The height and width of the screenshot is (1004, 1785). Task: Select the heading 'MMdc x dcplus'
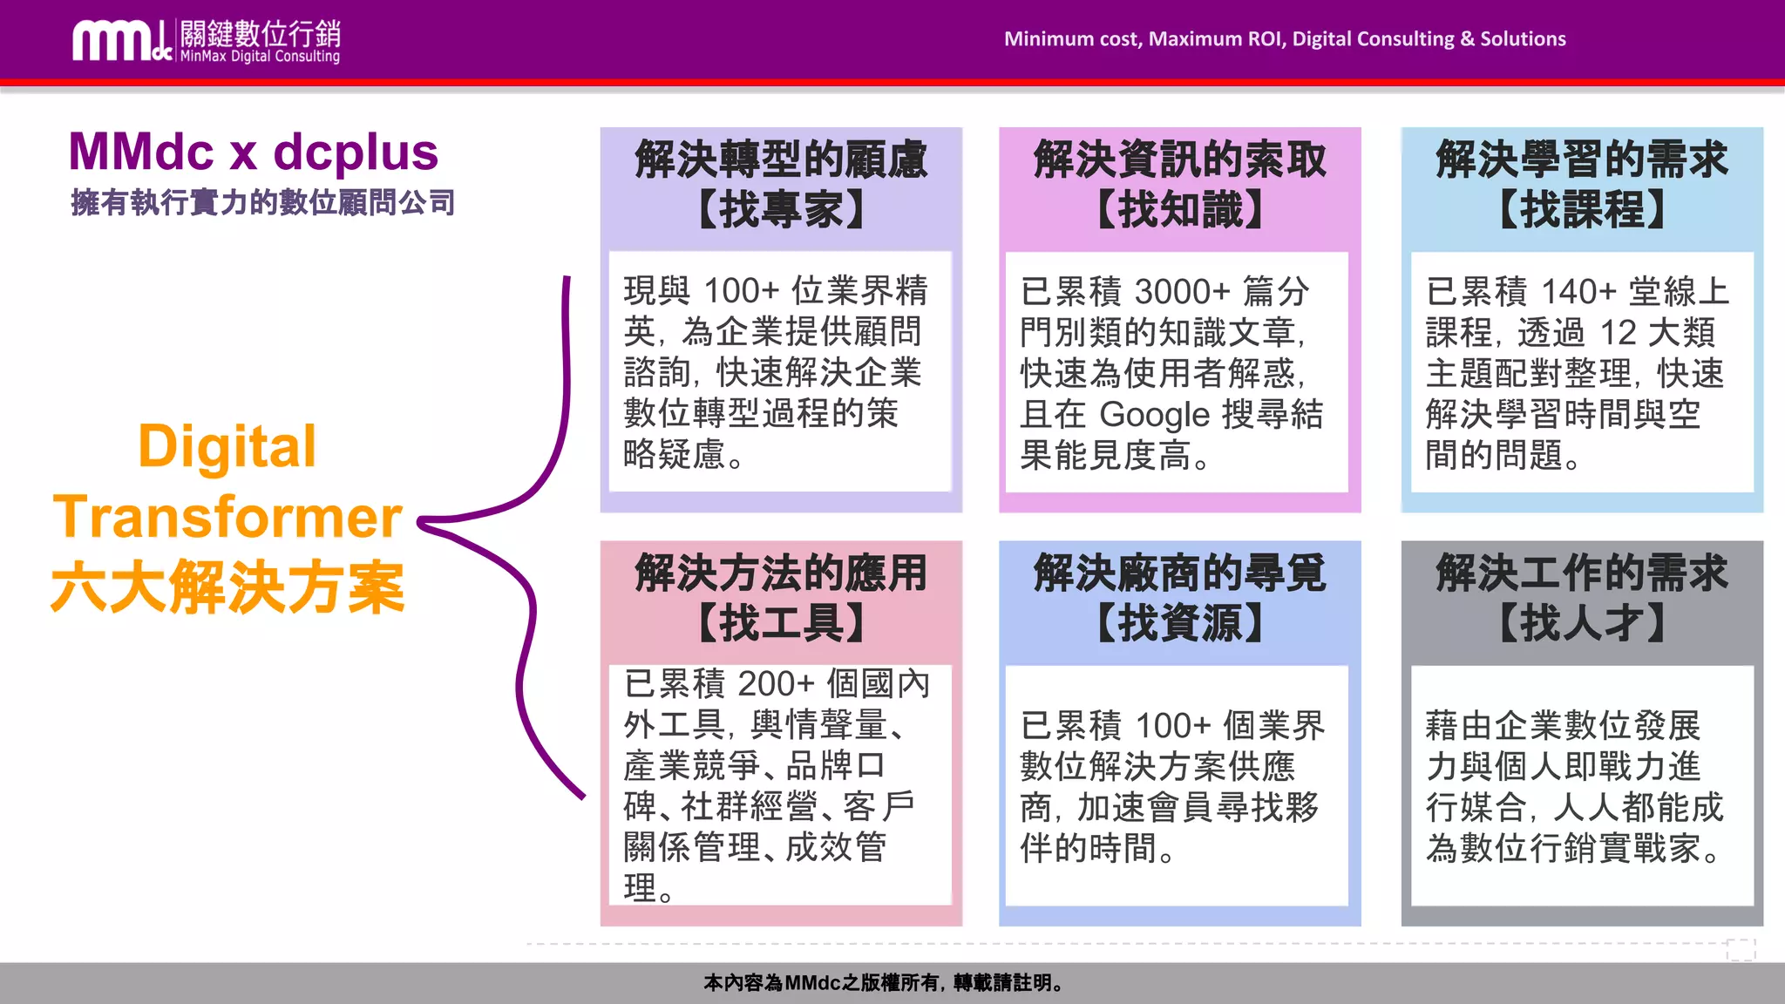253,153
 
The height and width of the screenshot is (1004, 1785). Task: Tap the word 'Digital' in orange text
227,447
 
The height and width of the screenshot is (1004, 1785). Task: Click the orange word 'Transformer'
227,517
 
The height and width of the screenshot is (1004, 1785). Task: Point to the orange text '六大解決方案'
227,587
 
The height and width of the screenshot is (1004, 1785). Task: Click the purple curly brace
523,523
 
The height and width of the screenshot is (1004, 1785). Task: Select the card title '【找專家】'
781,210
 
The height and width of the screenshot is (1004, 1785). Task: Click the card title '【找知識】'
1179,210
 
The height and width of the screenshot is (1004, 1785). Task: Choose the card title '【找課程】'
1581,210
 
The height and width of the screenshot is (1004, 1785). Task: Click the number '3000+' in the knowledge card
1182,292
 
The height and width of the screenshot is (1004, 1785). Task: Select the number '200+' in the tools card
776,684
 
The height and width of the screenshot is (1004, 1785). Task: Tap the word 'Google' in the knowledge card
1155,415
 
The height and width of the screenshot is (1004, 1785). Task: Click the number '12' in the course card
1619,333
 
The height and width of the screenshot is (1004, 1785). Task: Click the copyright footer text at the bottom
884,983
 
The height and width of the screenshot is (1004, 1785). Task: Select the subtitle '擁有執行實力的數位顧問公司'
262,203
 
